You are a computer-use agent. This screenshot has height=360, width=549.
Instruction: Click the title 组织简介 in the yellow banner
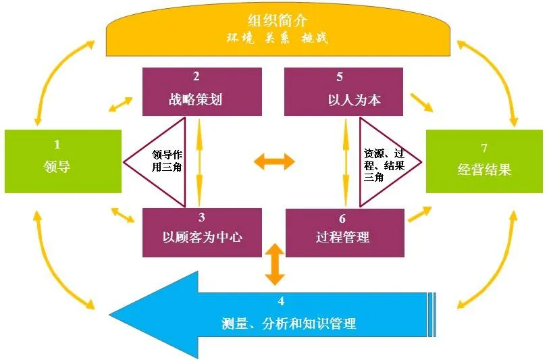278,20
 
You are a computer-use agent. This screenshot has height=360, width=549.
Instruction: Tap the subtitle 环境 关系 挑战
277,38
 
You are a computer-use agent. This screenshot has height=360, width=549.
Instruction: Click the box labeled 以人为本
344,99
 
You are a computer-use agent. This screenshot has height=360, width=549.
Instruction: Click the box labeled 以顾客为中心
202,237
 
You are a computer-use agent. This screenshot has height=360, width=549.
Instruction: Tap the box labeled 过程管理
344,237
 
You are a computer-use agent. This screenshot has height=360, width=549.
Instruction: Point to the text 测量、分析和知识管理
288,324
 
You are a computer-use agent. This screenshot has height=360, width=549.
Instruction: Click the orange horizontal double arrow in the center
274,161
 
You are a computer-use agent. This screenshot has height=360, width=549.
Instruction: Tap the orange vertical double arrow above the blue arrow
274,265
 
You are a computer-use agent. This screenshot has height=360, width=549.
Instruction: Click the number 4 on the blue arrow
281,301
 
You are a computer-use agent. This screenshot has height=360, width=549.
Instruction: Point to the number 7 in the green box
483,148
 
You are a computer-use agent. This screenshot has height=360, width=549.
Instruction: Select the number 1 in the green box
57,144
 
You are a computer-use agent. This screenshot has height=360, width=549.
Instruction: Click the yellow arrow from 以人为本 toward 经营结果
421,102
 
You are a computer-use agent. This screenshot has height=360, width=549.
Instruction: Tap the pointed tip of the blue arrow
111,313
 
